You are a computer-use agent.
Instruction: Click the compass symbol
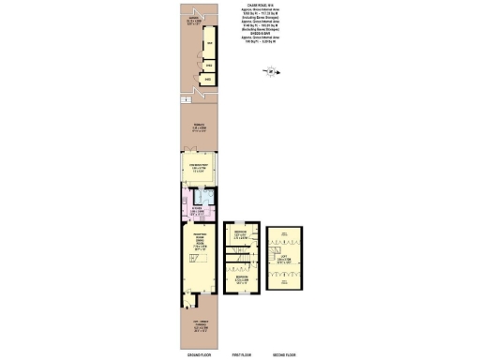(270, 70)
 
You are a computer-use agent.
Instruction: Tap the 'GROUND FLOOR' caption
(190, 354)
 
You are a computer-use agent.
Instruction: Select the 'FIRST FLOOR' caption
(243, 354)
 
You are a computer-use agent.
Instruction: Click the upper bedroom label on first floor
(242, 234)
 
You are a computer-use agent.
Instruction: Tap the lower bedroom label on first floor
(242, 278)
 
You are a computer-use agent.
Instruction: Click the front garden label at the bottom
(189, 328)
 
